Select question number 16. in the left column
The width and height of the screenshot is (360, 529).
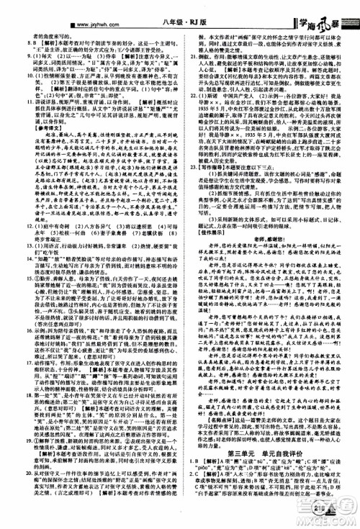click(x=14, y=358)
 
